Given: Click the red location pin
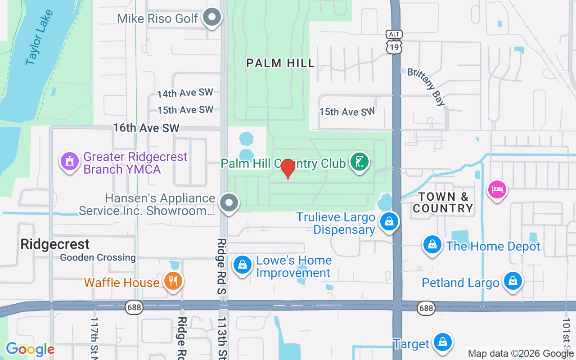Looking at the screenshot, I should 288,169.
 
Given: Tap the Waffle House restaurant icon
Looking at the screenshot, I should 172,281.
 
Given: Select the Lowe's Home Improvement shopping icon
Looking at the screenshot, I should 242,265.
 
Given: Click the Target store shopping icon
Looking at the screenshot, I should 442,342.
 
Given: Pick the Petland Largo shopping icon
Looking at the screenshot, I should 512,281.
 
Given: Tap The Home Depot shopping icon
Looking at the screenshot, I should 432,244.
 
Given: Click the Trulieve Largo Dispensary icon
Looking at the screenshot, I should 389,221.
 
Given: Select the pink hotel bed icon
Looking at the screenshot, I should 497,189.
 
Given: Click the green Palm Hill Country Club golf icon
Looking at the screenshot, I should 359,162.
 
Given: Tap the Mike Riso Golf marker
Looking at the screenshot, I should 211,18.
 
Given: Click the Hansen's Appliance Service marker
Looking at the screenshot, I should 229,202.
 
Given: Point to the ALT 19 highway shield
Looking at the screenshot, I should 394,42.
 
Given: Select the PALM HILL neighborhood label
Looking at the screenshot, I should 280,63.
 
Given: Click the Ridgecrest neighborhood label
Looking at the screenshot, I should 55,244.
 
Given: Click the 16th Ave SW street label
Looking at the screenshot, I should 146,128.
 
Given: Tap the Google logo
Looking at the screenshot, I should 30,349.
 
